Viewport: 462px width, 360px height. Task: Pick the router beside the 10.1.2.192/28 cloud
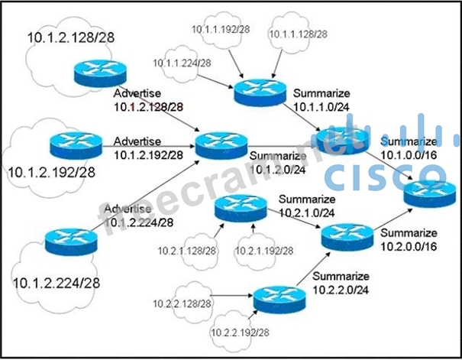(76, 144)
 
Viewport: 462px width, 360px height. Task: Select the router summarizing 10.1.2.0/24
(221, 144)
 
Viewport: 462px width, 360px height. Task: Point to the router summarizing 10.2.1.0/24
(241, 206)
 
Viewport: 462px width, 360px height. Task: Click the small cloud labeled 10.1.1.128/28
(299, 34)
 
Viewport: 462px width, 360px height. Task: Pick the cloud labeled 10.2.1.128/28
(187, 250)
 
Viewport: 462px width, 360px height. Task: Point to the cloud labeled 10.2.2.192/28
(241, 332)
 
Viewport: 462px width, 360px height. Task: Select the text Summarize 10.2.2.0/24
(341, 283)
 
